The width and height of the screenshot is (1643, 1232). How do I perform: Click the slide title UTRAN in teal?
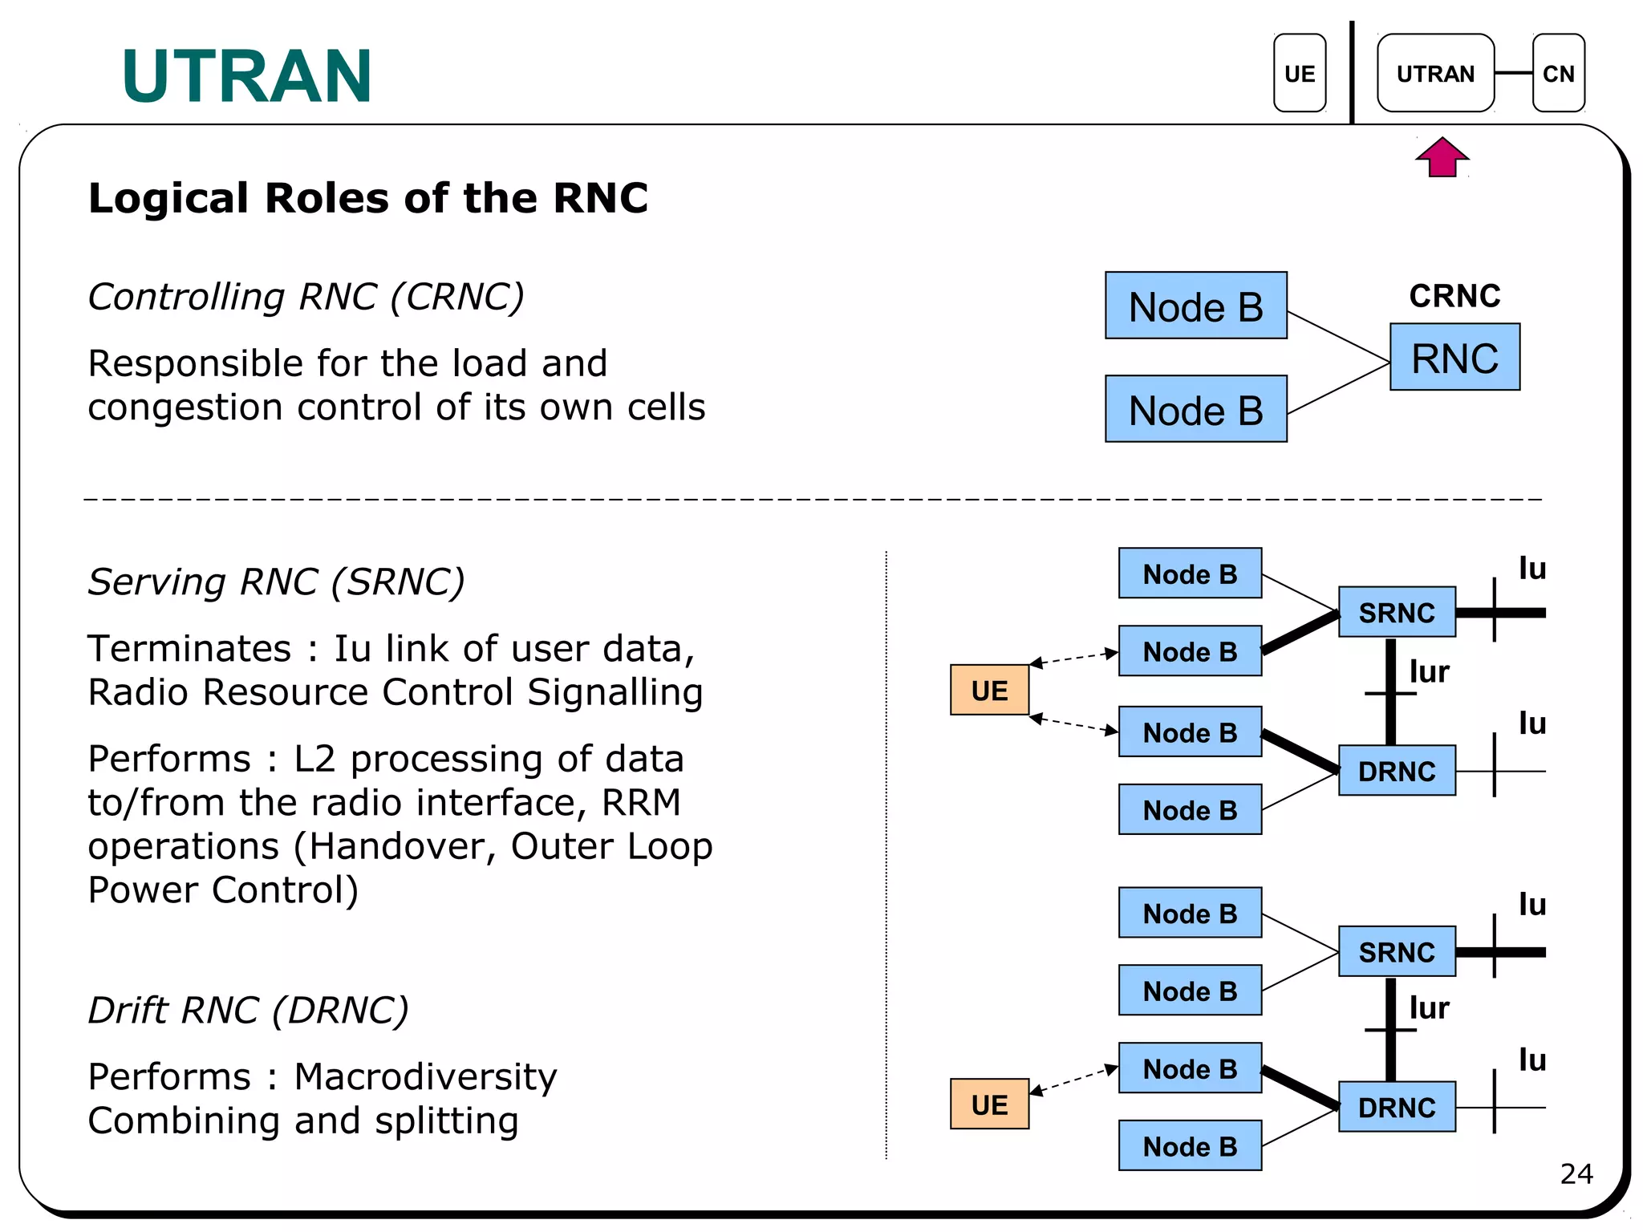pos(246,76)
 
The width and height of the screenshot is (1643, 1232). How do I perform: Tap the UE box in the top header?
pos(1299,73)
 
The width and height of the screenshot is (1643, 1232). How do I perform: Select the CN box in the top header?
pos(1557,73)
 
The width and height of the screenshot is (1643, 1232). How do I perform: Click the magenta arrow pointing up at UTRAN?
pos(1442,157)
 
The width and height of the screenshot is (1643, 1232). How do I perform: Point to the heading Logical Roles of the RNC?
pos(367,198)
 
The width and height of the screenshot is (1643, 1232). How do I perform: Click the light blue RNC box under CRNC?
pos(1454,358)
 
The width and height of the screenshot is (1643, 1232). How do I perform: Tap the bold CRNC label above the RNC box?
pos(1454,296)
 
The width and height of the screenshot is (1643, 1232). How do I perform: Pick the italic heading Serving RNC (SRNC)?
pos(276,582)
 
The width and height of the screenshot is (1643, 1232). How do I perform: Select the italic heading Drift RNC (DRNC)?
pos(248,1010)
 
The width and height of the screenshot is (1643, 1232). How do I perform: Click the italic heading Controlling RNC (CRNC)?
pos(306,297)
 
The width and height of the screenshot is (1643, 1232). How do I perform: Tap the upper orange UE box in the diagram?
pos(988,690)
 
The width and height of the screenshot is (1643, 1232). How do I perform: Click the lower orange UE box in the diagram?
pos(988,1104)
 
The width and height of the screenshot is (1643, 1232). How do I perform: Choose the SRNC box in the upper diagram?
pos(1396,612)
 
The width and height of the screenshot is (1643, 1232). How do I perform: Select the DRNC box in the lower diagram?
pos(1396,1107)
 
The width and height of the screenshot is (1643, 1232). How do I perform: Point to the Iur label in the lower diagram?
pos(1429,1008)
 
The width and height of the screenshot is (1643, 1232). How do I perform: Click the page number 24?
pos(1576,1174)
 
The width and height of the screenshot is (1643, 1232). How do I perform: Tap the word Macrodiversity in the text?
pos(425,1077)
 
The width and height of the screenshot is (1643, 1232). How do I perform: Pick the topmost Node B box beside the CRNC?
pos(1195,306)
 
